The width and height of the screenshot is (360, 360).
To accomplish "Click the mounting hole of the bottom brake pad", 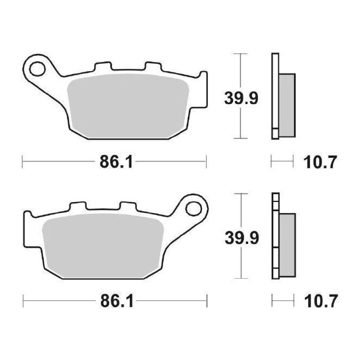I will click(193, 208).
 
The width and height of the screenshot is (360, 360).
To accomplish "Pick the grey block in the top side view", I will click(287, 105).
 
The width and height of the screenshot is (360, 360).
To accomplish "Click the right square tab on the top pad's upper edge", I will click(153, 66).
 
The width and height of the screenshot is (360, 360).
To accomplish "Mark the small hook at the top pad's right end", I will click(203, 75).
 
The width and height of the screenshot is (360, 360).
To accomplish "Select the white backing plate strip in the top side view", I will click(275, 95).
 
